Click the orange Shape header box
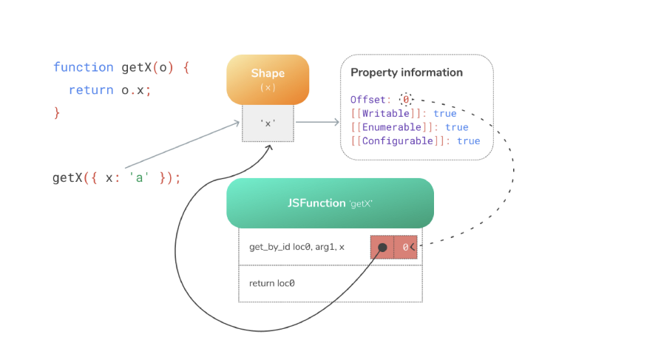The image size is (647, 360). tap(268, 79)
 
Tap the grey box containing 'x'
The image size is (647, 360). tap(268, 123)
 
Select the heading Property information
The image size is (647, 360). tap(406, 72)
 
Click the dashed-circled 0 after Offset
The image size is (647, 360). tap(405, 99)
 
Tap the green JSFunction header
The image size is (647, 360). tap(330, 203)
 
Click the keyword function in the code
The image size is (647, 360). tap(83, 67)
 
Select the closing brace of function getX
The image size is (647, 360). tap(57, 112)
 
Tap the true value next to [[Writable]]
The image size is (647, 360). tap(445, 113)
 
